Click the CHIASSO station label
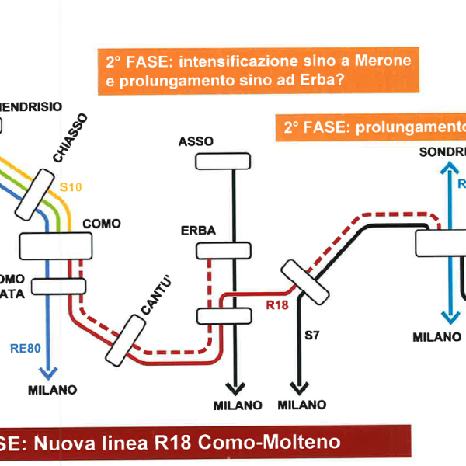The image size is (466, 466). coord(71,138)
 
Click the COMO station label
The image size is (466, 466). coord(102,224)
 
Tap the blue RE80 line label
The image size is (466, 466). coord(26,349)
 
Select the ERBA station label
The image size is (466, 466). coord(198,231)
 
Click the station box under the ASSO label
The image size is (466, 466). coord(224,162)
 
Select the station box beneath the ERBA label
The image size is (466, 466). coord(224,250)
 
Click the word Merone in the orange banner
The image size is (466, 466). coord(384,60)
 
